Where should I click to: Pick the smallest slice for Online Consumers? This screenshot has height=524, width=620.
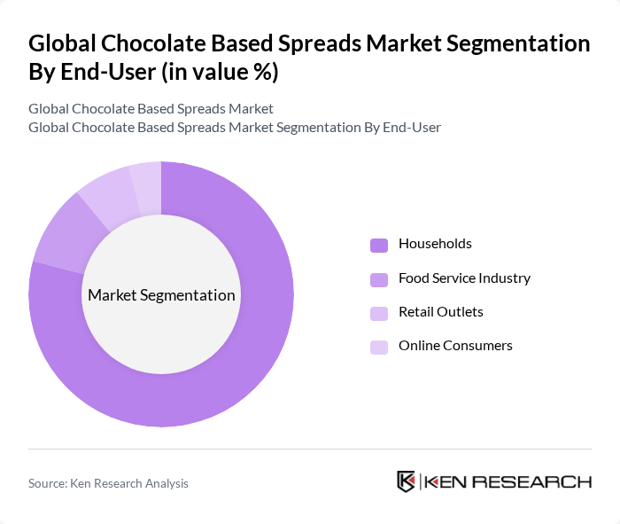tap(145, 177)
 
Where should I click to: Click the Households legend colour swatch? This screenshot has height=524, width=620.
tap(379, 245)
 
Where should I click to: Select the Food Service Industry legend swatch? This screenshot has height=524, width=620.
tap(379, 279)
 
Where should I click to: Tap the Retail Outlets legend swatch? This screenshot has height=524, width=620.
tap(379, 313)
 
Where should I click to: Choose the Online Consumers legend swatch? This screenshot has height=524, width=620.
tap(379, 347)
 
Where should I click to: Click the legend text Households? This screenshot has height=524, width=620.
tap(435, 244)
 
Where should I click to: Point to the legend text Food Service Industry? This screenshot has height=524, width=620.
tap(464, 278)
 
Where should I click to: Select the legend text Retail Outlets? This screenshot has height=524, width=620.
tap(440, 312)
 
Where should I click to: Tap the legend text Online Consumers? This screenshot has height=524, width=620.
tap(455, 346)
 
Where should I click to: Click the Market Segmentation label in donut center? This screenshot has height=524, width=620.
tap(161, 295)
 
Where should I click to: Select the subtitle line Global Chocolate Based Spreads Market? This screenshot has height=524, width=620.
tap(151, 109)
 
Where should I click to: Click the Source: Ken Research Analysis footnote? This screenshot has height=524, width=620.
tap(108, 483)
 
